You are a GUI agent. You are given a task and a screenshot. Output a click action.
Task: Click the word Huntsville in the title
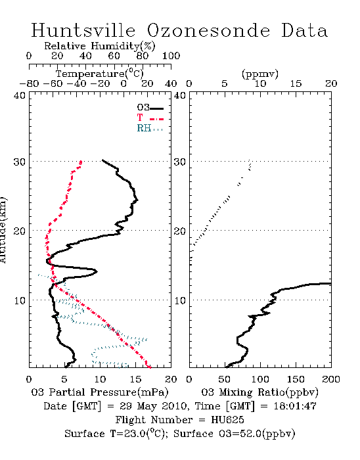pyautogui.click(x=83, y=30)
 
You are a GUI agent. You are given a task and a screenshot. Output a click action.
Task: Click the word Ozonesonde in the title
pyautogui.click(x=208, y=30)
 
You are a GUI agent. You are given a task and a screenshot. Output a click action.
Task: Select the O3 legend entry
pyautogui.click(x=150, y=108)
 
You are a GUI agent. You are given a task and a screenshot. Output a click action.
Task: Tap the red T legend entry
pyautogui.click(x=150, y=118)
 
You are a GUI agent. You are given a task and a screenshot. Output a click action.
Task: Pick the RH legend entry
pyautogui.click(x=150, y=129)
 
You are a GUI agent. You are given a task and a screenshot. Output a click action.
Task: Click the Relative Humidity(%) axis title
pyautogui.click(x=100, y=46)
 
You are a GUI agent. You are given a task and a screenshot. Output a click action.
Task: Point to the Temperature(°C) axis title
pyautogui.click(x=100, y=74)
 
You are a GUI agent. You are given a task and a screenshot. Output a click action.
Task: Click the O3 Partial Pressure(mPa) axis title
pyautogui.click(x=100, y=392)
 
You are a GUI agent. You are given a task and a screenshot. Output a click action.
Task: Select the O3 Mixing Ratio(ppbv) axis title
pyautogui.click(x=259, y=392)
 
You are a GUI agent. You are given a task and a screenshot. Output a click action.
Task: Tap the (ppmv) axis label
pyautogui.click(x=260, y=74)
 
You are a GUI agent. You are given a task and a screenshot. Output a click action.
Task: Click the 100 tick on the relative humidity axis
pyautogui.click(x=171, y=56)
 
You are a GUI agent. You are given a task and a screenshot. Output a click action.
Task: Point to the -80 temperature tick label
pyautogui.click(x=29, y=84)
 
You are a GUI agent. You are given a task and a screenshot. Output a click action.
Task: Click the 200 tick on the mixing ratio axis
pyautogui.click(x=331, y=379)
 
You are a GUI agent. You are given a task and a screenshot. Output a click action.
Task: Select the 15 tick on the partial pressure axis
pyautogui.click(x=135, y=379)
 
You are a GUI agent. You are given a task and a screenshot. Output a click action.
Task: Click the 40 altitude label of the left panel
pyautogui.click(x=20, y=95)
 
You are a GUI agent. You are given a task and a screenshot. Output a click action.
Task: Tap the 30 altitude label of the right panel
pyautogui.click(x=180, y=162)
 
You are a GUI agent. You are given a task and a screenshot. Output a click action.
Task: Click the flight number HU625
pyautogui.click(x=227, y=420)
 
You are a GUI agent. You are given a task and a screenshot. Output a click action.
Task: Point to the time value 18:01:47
pyautogui.click(x=295, y=406)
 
